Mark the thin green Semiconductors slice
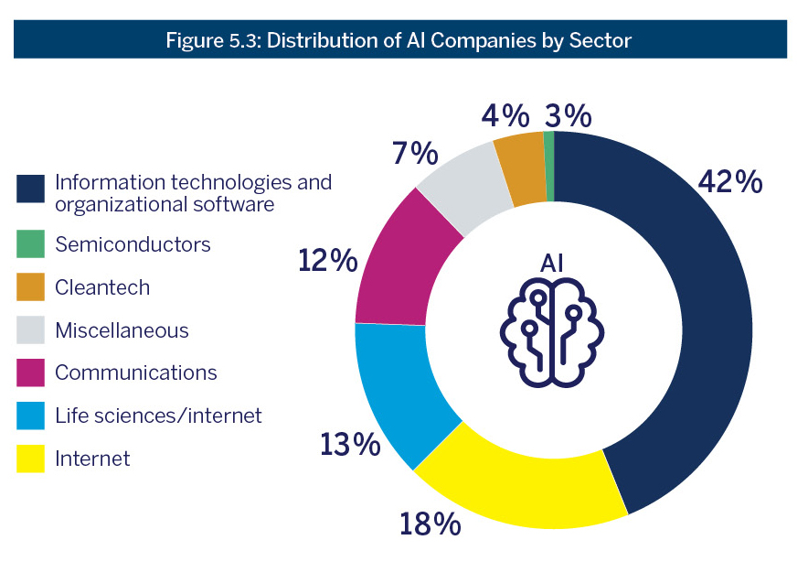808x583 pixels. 549,166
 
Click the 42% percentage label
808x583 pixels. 729,181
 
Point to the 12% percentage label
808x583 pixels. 327,261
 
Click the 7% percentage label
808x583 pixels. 416,154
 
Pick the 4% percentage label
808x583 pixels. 505,116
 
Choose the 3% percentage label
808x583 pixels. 568,116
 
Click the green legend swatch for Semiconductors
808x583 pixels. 30,244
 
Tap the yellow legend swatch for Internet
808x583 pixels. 30,459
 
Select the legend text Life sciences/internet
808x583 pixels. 158,416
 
